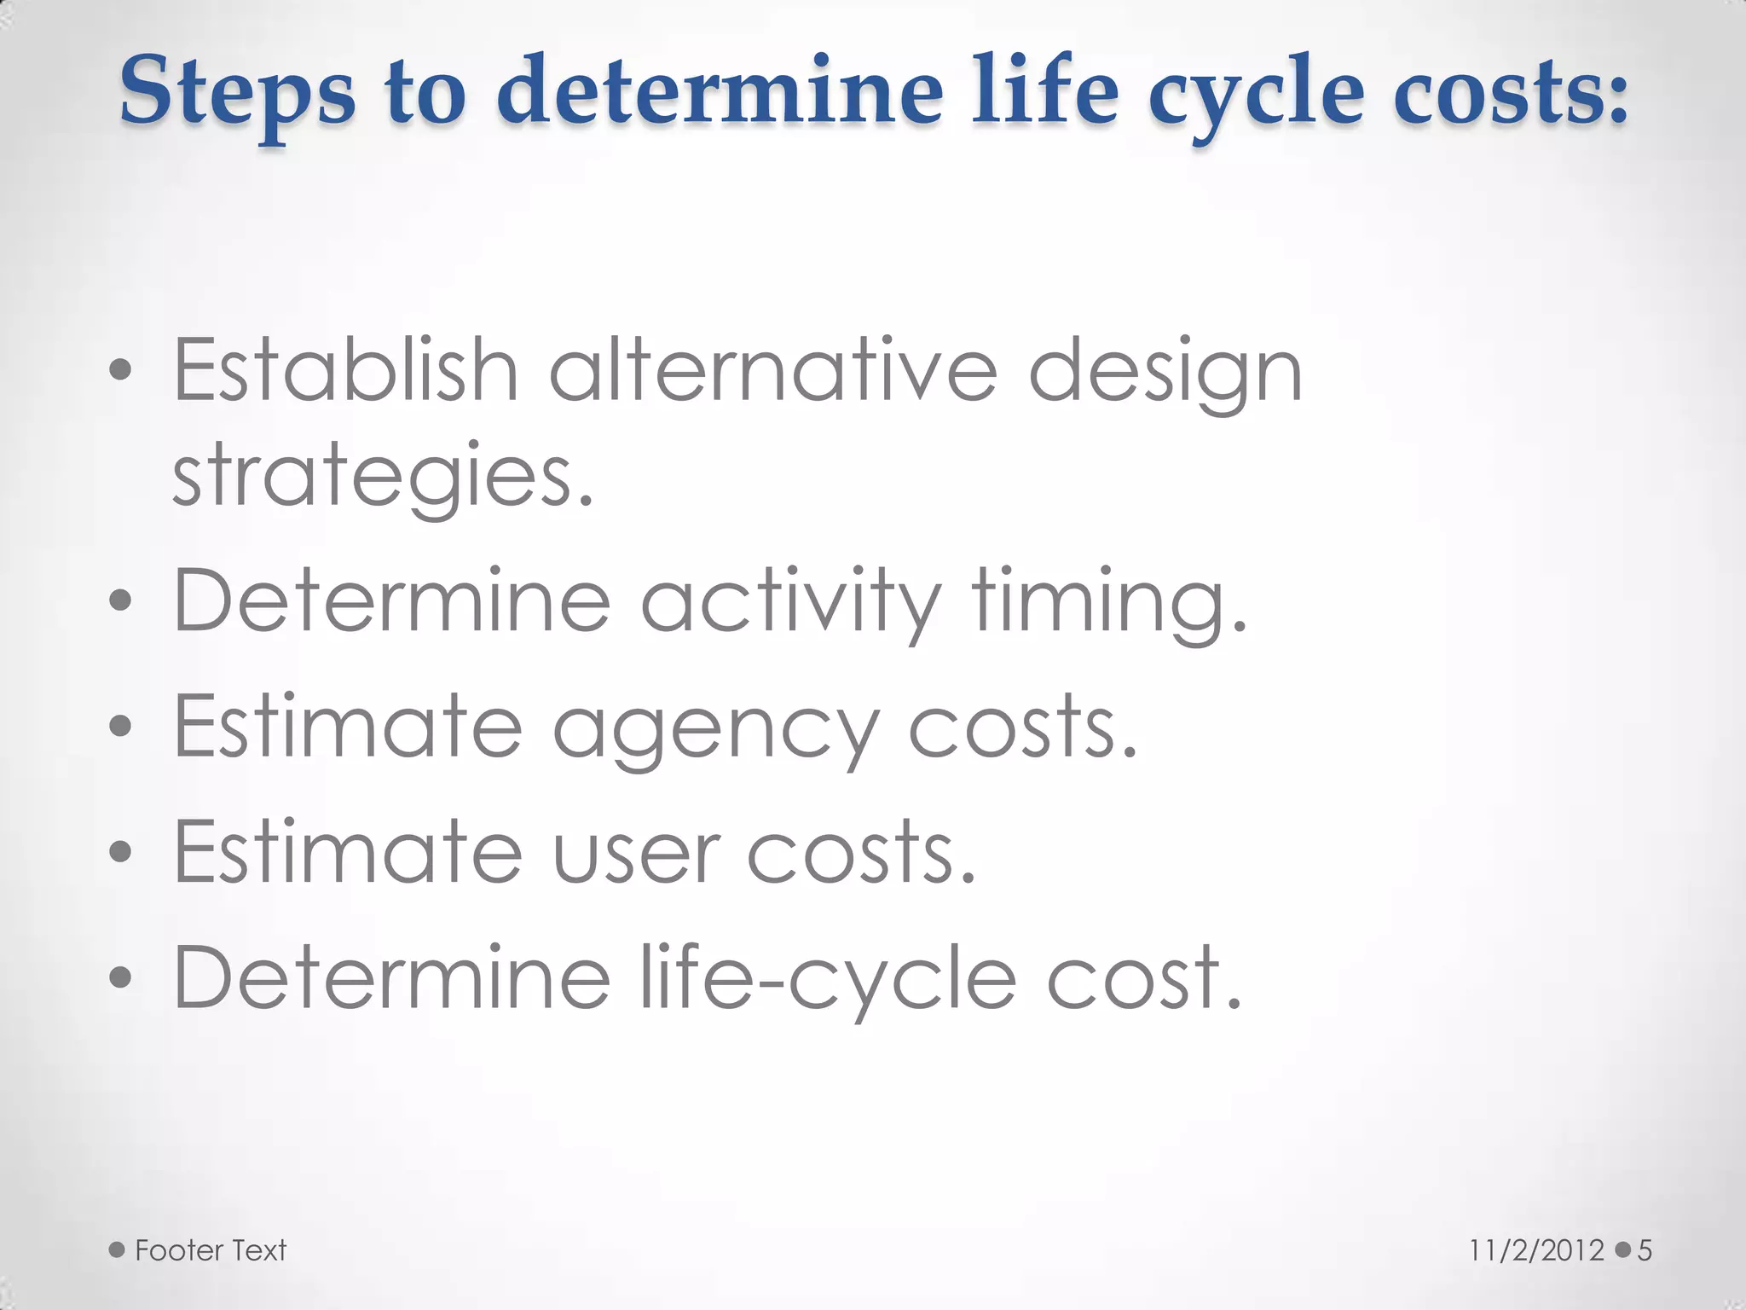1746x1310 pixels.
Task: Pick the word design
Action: [1165, 374]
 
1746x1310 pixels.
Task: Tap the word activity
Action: [789, 600]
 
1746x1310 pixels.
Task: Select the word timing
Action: [1108, 600]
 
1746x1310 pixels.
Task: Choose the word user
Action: [636, 853]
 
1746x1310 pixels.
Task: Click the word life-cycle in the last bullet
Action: [827, 979]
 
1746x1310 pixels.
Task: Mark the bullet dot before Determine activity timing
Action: [121, 600]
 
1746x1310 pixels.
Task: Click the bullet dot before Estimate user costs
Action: [121, 851]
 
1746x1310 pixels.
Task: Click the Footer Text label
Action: [211, 1250]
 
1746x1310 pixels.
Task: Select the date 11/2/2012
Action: [1536, 1250]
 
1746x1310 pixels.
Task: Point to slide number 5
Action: [1645, 1250]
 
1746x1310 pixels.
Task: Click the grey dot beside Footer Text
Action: [117, 1250]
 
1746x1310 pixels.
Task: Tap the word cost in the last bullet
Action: [1142, 979]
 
